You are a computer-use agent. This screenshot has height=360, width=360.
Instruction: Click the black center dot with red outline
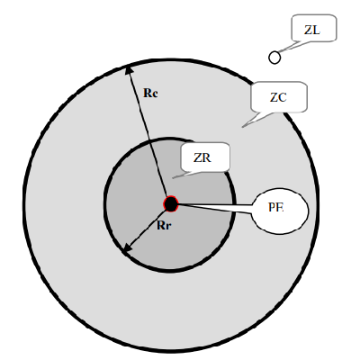click(171, 204)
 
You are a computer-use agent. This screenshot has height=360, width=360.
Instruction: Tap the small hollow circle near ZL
click(274, 58)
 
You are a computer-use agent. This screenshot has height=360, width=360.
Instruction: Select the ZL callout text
click(312, 30)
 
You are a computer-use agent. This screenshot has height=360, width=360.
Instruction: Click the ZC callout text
click(278, 97)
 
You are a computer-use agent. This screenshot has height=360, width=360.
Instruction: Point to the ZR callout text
click(202, 157)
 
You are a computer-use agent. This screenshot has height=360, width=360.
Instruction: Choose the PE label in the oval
click(275, 207)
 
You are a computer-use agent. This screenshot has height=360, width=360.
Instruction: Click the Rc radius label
click(150, 93)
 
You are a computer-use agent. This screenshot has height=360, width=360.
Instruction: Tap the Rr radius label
click(164, 226)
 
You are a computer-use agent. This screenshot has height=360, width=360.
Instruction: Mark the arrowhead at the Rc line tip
click(129, 70)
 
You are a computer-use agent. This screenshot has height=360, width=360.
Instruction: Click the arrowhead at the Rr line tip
click(128, 248)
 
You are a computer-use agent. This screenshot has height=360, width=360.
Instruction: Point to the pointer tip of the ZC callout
click(242, 127)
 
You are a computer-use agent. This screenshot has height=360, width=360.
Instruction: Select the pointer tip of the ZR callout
click(173, 178)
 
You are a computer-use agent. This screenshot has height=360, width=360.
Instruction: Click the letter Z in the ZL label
click(308, 30)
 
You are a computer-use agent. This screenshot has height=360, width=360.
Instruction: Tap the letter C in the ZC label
click(283, 97)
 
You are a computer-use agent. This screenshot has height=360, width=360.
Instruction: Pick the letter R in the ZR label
click(207, 157)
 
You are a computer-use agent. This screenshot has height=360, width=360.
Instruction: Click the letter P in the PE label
click(272, 207)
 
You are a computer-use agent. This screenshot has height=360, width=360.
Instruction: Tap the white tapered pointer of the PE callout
click(215, 207)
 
